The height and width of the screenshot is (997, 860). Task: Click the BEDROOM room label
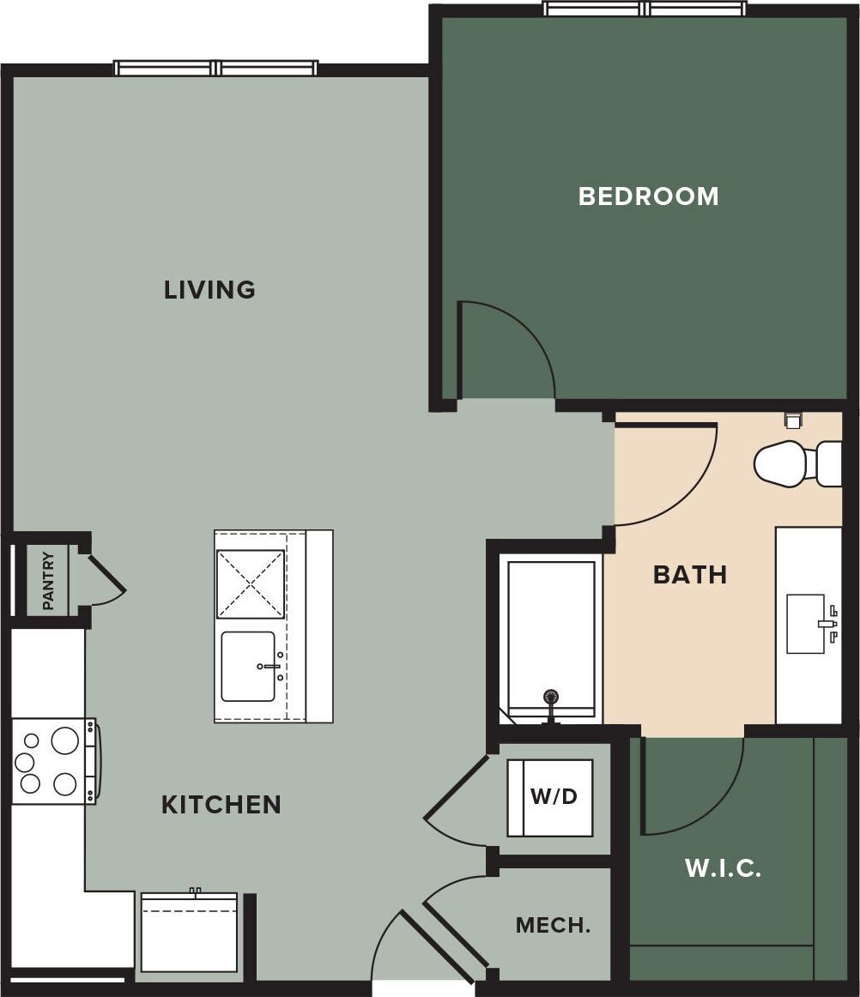click(x=648, y=196)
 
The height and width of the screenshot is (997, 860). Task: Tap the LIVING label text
click(x=209, y=290)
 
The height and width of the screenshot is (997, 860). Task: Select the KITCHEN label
click(x=221, y=805)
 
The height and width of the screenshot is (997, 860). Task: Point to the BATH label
click(x=690, y=575)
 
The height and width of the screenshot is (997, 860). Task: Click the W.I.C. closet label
click(x=723, y=868)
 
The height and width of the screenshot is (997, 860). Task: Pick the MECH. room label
click(x=553, y=926)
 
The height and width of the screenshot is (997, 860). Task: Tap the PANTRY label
click(x=48, y=581)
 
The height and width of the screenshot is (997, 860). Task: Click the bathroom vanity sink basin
click(x=807, y=624)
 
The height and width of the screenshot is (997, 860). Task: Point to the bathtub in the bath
click(x=551, y=635)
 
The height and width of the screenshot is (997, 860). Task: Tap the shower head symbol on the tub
click(x=551, y=698)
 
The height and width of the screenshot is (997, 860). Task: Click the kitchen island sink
click(x=249, y=667)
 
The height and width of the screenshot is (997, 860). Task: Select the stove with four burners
click(x=53, y=761)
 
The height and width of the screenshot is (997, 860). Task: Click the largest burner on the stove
click(x=65, y=740)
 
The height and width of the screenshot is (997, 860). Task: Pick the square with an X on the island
click(x=250, y=584)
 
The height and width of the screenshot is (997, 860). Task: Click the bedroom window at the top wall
click(x=645, y=9)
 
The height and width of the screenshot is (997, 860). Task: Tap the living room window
click(x=216, y=68)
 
